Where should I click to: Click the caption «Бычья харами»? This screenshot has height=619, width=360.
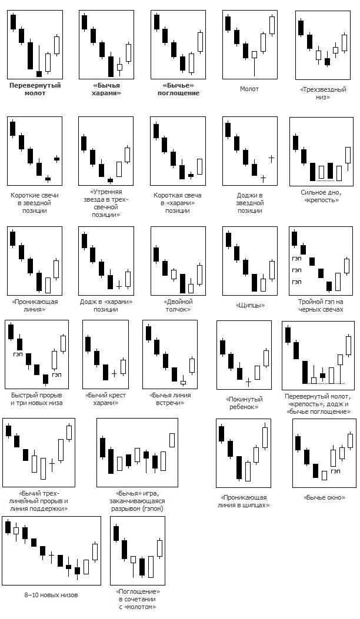[106, 89]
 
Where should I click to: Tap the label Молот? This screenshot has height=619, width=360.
[249, 89]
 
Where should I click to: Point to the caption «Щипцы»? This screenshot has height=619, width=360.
[249, 306]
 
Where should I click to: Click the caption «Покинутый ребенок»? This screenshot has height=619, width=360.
[244, 403]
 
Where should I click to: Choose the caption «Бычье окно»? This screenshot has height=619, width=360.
[324, 498]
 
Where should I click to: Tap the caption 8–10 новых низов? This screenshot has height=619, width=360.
[51, 595]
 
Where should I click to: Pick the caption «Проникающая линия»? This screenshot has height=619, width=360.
[36, 306]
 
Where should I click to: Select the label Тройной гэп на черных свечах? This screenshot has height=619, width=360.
[321, 306]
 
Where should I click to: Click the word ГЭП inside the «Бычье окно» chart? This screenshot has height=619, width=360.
[336, 471]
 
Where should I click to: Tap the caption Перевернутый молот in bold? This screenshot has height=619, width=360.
[35, 89]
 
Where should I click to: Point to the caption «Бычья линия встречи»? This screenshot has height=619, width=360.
[170, 399]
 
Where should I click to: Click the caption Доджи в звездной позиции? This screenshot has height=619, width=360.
[249, 203]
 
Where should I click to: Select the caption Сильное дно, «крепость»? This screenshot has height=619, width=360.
[321, 196]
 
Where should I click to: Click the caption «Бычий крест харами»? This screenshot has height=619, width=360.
[106, 399]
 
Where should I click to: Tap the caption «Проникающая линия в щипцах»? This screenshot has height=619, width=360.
[243, 501]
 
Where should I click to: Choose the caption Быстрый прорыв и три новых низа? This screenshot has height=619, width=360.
[36, 399]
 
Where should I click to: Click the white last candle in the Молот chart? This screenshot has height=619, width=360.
[272, 25]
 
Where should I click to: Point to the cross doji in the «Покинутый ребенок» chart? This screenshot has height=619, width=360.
[248, 382]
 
